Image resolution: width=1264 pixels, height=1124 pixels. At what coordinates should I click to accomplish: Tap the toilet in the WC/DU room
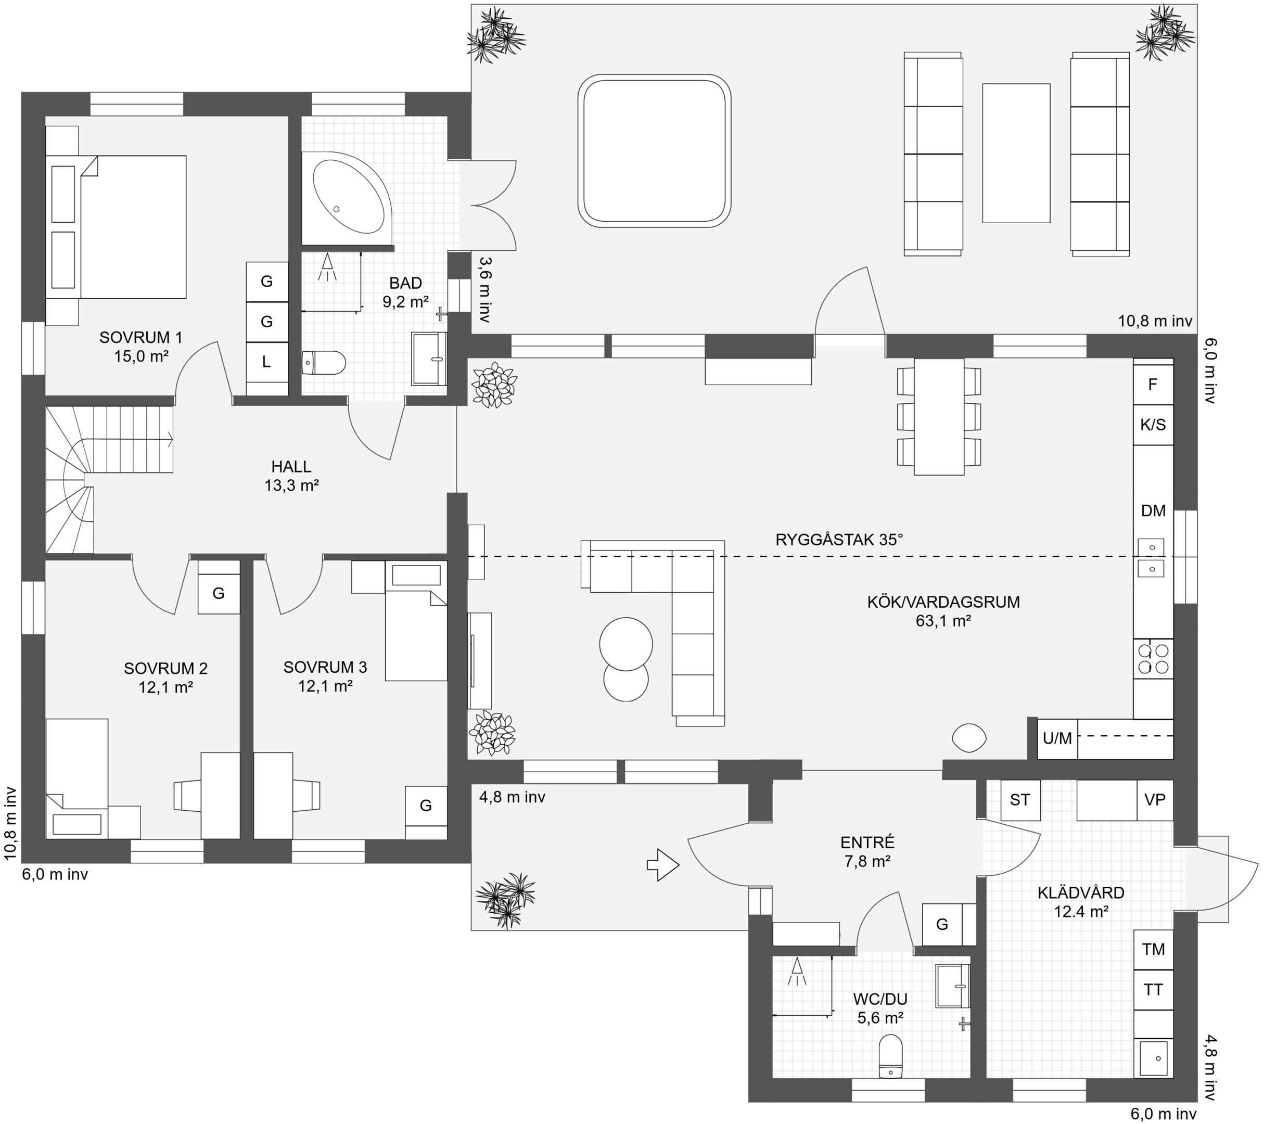pyautogui.click(x=890, y=1056)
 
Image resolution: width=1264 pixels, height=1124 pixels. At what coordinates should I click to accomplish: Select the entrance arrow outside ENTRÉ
pyautogui.click(x=663, y=864)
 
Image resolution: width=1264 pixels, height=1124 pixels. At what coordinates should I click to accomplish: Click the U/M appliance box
pyautogui.click(x=1057, y=738)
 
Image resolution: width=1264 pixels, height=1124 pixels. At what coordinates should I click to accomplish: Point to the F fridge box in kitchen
pyautogui.click(x=1153, y=385)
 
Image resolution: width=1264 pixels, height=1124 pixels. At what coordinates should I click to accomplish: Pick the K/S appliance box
pyautogui.click(x=1153, y=425)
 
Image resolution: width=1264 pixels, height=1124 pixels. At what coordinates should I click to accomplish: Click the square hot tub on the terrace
pyautogui.click(x=654, y=151)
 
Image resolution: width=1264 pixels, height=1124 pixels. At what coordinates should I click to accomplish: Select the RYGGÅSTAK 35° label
pyautogui.click(x=839, y=540)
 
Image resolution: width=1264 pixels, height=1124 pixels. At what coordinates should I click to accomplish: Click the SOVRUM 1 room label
pyautogui.click(x=141, y=338)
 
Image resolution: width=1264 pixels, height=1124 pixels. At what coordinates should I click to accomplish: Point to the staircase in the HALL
pyautogui.click(x=109, y=479)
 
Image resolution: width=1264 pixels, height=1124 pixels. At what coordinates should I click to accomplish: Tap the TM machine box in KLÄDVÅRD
pyautogui.click(x=1153, y=949)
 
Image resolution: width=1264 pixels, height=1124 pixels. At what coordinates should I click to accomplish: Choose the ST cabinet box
pyautogui.click(x=1020, y=800)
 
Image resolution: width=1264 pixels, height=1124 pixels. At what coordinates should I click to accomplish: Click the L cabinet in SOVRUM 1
pyautogui.click(x=266, y=362)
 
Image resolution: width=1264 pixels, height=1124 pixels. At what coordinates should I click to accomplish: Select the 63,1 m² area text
pyautogui.click(x=943, y=621)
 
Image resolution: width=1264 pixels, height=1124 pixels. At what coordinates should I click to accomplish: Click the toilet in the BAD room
pyautogui.click(x=324, y=363)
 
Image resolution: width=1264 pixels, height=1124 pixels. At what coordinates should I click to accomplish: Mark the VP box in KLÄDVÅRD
pyautogui.click(x=1155, y=800)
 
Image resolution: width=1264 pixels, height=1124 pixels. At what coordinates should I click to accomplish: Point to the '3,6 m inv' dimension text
pyautogui.click(x=485, y=289)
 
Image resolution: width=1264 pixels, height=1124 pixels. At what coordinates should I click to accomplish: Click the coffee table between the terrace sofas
pyautogui.click(x=1016, y=154)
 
